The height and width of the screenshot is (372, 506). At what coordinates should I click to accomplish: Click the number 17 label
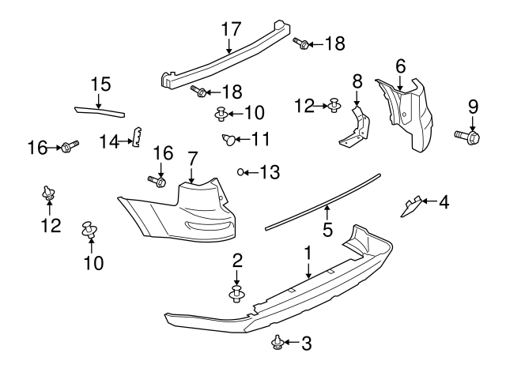[x=230, y=28]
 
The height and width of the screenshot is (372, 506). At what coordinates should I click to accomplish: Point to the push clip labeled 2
[x=236, y=294]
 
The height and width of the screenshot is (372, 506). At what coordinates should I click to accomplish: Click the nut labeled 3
[x=278, y=342]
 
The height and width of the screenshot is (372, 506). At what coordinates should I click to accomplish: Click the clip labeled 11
[x=228, y=141]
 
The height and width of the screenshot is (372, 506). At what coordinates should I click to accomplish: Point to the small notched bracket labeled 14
[x=136, y=137]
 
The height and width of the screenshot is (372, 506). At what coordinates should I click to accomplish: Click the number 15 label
[x=100, y=83]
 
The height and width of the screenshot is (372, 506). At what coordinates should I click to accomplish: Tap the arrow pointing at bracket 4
[x=429, y=203]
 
